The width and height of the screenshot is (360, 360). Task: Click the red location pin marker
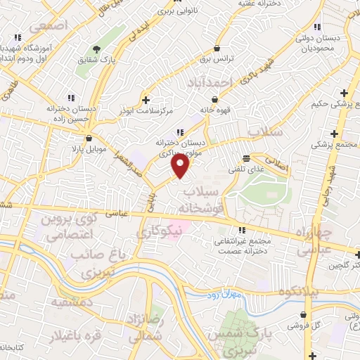pos(181,165)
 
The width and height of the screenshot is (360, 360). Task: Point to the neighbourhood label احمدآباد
pos(209,83)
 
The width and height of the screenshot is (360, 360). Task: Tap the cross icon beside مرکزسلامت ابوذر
pos(146,99)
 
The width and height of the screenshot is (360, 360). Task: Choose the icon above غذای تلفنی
pos(246,158)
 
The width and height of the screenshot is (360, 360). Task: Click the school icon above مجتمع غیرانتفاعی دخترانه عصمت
pos(241,230)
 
